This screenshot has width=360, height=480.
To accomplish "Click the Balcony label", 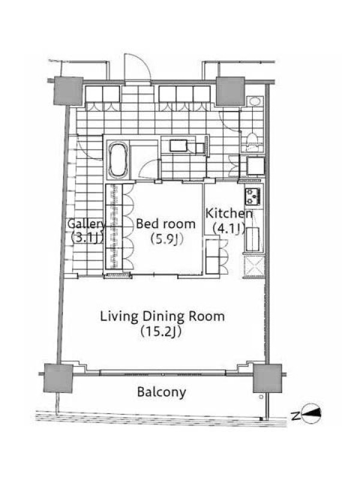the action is [161, 392].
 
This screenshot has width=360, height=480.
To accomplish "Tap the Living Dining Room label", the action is [162, 317].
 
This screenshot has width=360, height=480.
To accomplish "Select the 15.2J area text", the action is [161, 332].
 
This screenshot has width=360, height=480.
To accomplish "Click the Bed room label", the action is [166, 224].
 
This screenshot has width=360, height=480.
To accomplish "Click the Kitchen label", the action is [229, 214].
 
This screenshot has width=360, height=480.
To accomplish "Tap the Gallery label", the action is [86, 224].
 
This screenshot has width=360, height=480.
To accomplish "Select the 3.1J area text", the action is [86, 238].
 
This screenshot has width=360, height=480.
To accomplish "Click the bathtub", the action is [118, 159].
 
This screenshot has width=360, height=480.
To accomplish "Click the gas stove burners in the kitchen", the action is [253, 196].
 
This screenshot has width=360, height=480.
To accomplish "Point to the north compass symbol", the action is [311, 414].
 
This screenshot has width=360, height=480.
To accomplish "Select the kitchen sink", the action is [253, 239].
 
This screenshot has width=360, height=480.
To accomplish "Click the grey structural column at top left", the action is [69, 91].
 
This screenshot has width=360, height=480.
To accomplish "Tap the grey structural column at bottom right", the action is [268, 379].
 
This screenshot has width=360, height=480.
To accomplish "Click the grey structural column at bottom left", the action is [58, 379].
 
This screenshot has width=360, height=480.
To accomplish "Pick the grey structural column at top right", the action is [230, 91].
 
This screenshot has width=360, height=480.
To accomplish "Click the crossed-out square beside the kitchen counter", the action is [253, 266].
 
